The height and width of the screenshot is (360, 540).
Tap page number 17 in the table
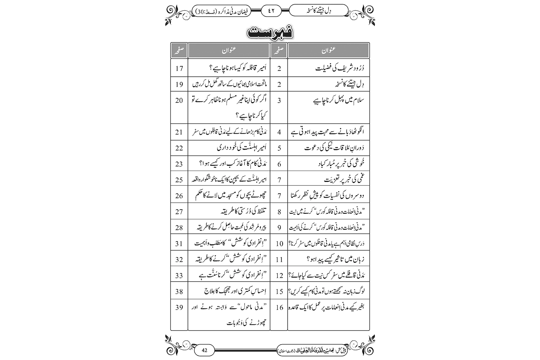[x=179, y=68]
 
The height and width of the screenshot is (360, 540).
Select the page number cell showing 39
[x=179, y=307]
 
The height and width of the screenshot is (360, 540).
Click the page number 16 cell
[x=279, y=307]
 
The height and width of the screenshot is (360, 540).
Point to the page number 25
[x=179, y=180]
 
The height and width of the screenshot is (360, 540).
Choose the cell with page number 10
[x=279, y=243]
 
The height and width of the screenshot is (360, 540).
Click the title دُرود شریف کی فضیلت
[x=340, y=68]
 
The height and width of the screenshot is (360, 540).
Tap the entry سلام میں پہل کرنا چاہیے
[x=339, y=100]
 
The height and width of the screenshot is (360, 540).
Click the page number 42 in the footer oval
[x=205, y=350]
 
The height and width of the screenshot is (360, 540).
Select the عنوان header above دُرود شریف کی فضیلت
[x=328, y=50]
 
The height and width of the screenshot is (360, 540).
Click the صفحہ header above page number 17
[x=179, y=50]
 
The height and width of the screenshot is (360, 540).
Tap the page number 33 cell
[x=179, y=275]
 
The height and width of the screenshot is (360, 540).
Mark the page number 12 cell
[x=279, y=275]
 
